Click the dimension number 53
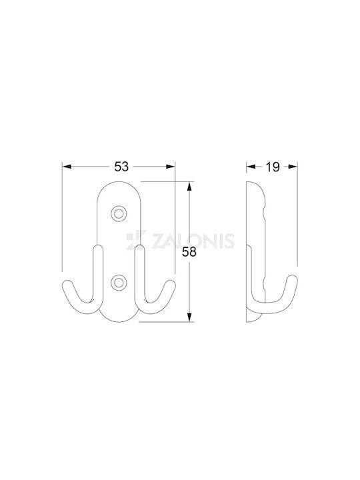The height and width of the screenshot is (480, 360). (121, 167)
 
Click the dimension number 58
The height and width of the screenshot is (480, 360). (189, 252)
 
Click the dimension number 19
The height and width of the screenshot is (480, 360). (273, 167)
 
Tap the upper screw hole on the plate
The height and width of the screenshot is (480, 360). (119, 213)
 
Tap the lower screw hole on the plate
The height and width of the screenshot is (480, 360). (119, 282)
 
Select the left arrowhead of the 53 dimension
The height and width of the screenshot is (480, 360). (67, 167)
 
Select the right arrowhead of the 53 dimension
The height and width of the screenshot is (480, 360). (171, 167)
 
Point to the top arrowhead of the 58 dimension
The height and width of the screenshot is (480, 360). (189, 186)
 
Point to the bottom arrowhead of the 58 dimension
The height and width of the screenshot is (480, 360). (189, 317)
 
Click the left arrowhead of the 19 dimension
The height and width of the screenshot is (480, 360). (251, 167)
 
